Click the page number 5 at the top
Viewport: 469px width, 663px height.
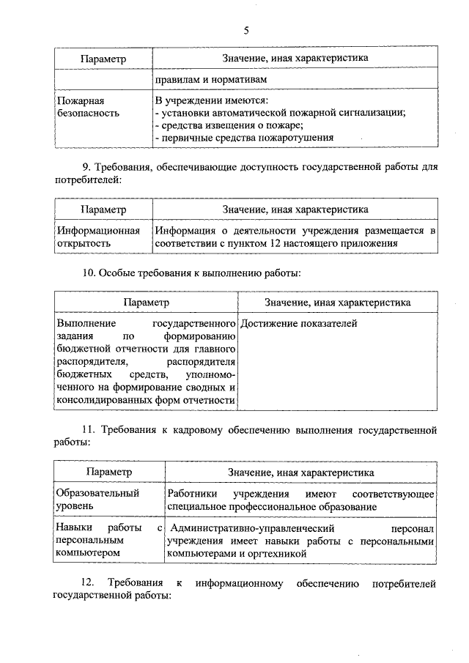(x=245, y=30)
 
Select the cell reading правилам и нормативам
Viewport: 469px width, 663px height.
(x=210, y=79)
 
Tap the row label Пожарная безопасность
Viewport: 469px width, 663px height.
(x=86, y=107)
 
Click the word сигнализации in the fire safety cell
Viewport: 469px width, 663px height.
(x=372, y=113)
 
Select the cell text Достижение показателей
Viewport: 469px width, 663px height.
(x=299, y=323)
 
